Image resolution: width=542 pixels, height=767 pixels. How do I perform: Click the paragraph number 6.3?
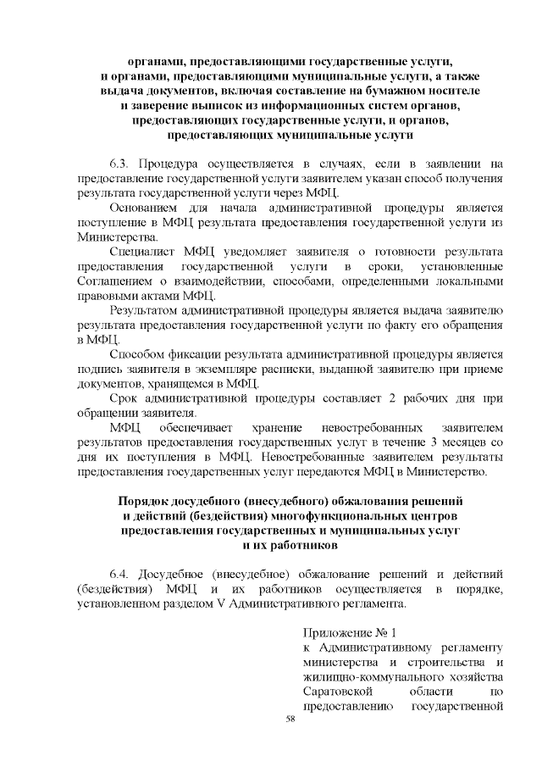(121, 163)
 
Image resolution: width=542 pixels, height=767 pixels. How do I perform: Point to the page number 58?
(290, 719)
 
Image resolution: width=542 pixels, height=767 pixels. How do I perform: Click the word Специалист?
(143, 252)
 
